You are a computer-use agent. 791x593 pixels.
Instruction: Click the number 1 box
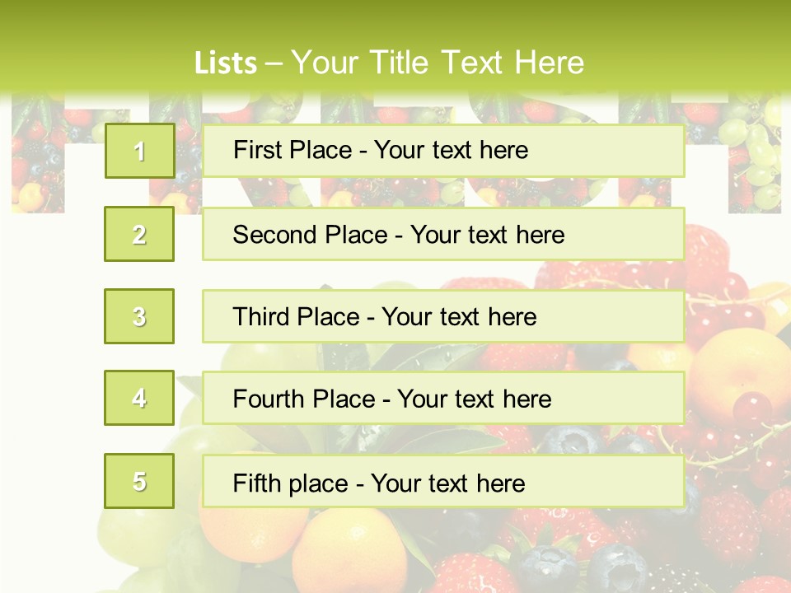point(139,151)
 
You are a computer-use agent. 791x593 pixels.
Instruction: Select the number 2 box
point(139,234)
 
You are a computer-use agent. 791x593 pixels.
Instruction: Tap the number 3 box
point(139,316)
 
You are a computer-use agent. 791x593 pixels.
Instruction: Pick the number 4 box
point(139,398)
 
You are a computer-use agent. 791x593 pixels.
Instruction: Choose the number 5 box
point(139,481)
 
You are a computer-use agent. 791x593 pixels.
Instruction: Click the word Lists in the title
point(226,63)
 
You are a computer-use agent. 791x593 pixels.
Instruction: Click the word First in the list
point(258,150)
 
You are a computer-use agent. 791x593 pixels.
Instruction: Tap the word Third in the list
point(262,317)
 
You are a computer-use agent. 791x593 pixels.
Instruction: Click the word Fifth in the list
point(257,483)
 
